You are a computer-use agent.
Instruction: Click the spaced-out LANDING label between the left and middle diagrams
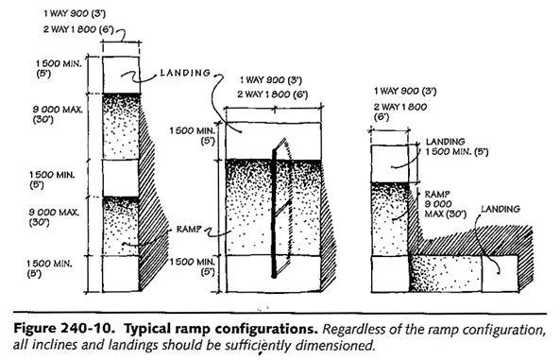pyautogui.click(x=185, y=73)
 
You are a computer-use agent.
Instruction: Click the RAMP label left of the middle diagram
pyautogui.click(x=189, y=229)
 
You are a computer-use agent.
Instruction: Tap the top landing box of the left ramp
pyautogui.click(x=121, y=75)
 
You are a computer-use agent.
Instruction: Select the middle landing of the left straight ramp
pyautogui.click(x=120, y=178)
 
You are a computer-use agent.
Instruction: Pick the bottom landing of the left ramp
pyautogui.click(x=120, y=273)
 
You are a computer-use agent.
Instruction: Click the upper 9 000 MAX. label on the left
pyautogui.click(x=58, y=114)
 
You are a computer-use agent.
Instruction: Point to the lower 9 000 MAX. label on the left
pyautogui.click(x=54, y=217)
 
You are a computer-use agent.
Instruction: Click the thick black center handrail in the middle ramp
pyautogui.click(x=274, y=214)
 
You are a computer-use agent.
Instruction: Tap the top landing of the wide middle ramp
pyautogui.click(x=273, y=141)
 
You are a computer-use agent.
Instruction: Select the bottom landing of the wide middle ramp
pyautogui.click(x=273, y=274)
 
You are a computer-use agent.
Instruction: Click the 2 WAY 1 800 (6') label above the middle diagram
pyautogui.click(x=273, y=94)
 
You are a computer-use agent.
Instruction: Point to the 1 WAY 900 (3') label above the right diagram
pyautogui.click(x=405, y=91)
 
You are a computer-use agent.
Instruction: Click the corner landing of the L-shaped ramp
pyautogui.click(x=390, y=274)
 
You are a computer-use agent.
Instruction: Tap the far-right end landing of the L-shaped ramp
pyautogui.click(x=500, y=274)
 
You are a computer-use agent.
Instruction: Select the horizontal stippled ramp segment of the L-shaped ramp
pyautogui.click(x=446, y=274)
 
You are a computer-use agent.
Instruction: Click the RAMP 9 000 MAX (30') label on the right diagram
pyautogui.click(x=446, y=204)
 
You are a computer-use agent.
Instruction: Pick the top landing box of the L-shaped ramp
pyautogui.click(x=390, y=163)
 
